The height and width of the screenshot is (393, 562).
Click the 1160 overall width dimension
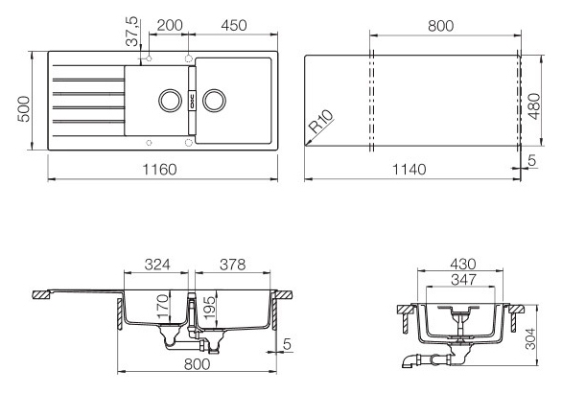pyautogui.click(x=159, y=170)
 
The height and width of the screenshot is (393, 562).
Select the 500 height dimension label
pyautogui.click(x=24, y=109)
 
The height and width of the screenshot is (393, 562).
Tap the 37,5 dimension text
pyautogui.click(x=132, y=32)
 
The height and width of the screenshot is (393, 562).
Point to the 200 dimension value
pyautogui.click(x=170, y=26)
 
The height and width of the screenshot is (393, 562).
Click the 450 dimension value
pyautogui.click(x=234, y=26)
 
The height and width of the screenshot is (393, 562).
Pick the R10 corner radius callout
pyautogui.click(x=320, y=122)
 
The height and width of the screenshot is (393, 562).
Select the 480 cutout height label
pyautogui.click(x=534, y=106)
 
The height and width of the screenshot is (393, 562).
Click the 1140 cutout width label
pyautogui.click(x=410, y=170)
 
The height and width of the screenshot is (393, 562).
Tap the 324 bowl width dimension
pyautogui.click(x=157, y=265)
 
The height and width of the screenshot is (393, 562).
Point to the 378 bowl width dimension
pyautogui.click(x=233, y=265)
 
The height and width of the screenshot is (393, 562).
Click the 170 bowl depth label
pyautogui.click(x=162, y=307)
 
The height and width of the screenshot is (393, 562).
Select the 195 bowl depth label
pyautogui.click(x=209, y=308)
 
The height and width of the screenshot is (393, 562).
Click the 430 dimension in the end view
pyautogui.click(x=463, y=265)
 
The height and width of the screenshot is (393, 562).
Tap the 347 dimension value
pyautogui.click(x=463, y=280)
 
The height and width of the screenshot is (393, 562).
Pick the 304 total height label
pyautogui.click(x=530, y=338)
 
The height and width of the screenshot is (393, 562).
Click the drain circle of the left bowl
pyautogui.click(x=171, y=101)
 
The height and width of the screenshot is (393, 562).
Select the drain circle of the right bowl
pyautogui.click(x=214, y=101)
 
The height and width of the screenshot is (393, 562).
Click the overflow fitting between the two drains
pyautogui.click(x=192, y=101)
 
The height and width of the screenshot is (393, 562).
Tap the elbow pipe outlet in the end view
pyautogui.click(x=410, y=360)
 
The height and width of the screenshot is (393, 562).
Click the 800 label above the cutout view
pyautogui.click(x=440, y=26)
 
